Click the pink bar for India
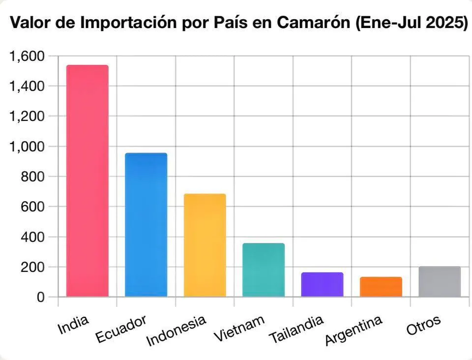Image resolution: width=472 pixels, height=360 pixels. coord(88,181)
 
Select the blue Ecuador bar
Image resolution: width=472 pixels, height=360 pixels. coord(146,225)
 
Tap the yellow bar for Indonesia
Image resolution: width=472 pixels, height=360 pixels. coord(205,245)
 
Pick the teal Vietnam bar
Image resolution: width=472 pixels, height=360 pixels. coord(263,270)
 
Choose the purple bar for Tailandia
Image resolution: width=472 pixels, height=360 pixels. coord(322,285)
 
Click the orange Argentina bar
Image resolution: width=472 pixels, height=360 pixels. coord(381,287)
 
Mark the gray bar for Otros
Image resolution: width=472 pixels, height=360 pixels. coord(440,282)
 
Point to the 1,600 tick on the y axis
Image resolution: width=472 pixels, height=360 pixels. coord(27,57)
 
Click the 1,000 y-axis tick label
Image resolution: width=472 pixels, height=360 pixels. coord(27,147)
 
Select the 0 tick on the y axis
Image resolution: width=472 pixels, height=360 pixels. coord(40,297)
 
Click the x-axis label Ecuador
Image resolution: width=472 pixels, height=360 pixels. coord(121,330)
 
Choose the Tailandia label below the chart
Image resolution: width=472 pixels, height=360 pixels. coord(296,330)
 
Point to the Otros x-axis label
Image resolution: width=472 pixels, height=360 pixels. coord(423,325)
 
